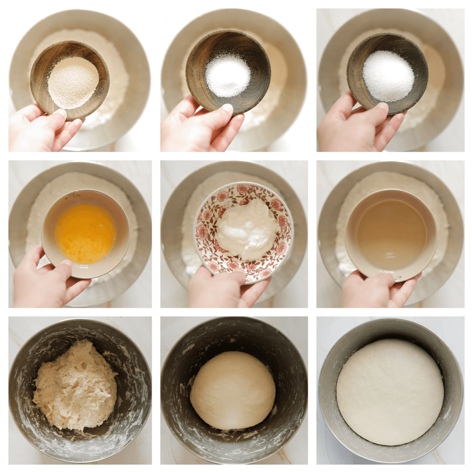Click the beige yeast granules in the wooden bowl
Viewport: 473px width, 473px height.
click(x=73, y=82)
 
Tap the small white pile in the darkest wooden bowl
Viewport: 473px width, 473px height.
click(x=228, y=75)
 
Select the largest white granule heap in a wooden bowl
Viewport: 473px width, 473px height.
click(x=388, y=76)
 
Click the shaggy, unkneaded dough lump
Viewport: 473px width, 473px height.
click(x=75, y=385)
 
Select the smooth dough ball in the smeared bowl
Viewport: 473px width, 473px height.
click(x=233, y=390)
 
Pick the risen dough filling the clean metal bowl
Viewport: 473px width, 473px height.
click(x=390, y=392)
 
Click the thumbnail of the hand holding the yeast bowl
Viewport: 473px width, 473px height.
click(x=61, y=112)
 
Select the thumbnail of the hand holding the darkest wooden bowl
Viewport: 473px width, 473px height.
click(x=227, y=108)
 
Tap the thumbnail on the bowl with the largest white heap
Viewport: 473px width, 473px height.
click(x=382, y=106)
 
